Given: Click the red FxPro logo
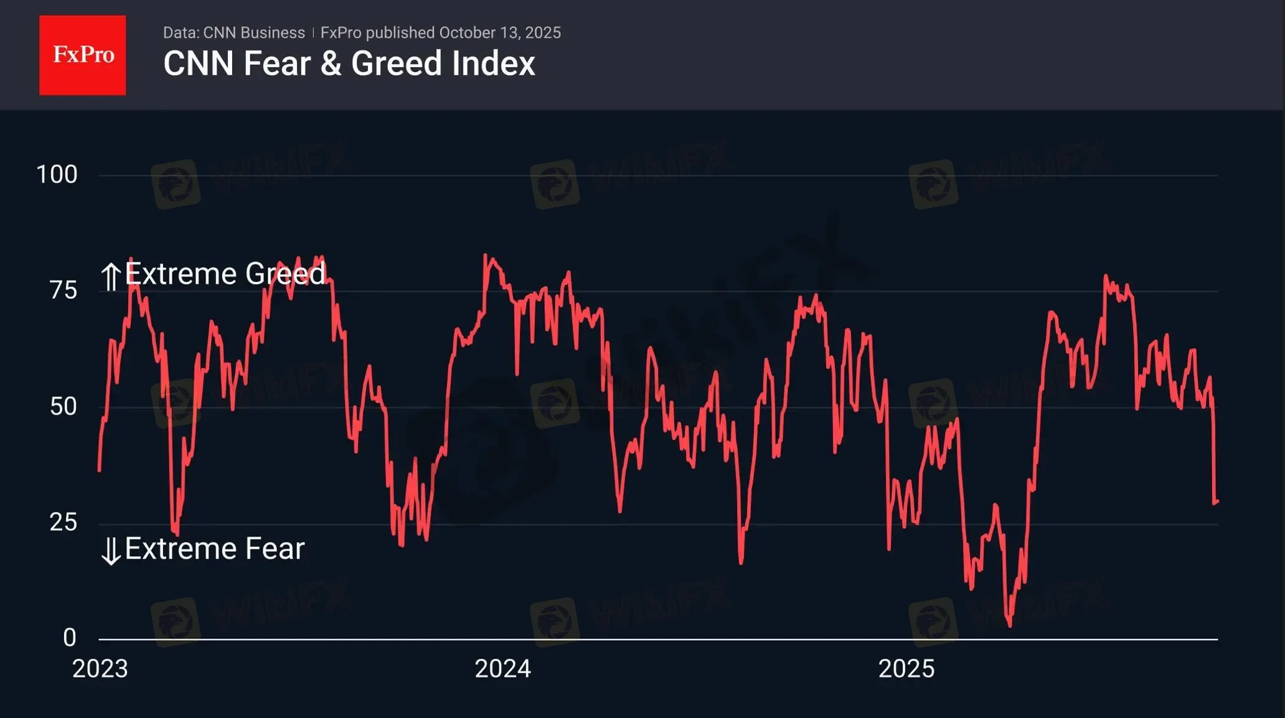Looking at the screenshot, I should coord(82,55).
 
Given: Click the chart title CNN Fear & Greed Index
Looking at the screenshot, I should coord(349,63).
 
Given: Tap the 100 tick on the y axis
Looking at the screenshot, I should coord(57,175).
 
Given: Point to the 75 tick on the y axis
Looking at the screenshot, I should coord(63,291).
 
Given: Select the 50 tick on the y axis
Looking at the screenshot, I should coord(63,407).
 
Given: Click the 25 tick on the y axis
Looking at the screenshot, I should coord(63,523).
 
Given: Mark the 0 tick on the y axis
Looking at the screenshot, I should coord(69,638).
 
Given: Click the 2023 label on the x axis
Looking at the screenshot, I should coord(100,669).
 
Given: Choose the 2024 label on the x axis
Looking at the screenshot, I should coord(502,669).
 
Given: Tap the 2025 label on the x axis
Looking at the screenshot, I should coord(906,669).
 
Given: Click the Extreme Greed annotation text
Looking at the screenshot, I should coord(225,274).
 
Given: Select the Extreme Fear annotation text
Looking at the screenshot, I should coord(214,549).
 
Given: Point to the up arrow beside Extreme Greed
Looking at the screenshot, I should coord(111,277).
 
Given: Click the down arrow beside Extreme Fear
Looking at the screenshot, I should coord(111,551).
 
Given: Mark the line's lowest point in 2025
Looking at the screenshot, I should coord(1009,625).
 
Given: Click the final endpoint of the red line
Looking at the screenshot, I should coord(1217,501).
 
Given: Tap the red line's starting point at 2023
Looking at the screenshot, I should coord(100,470).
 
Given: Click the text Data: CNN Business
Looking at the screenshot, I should coord(233,33).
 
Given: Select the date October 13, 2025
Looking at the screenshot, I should coord(499,33).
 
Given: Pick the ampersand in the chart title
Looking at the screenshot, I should coord(331,64).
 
